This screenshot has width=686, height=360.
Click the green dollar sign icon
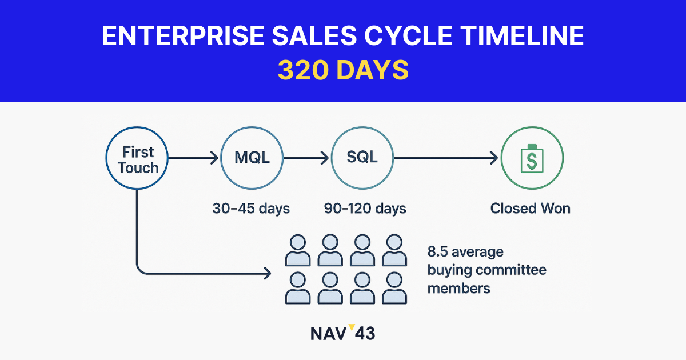click(532, 159)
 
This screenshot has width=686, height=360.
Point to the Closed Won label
click(531, 209)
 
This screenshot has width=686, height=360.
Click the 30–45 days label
click(251, 209)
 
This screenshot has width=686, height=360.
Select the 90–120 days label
click(365, 209)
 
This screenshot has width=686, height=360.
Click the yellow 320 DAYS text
click(343, 70)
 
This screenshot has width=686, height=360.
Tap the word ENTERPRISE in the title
click(183, 36)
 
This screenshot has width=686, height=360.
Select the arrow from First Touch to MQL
click(193, 158)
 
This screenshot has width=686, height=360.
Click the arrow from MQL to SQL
click(306, 158)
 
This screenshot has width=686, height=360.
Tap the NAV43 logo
click(342, 333)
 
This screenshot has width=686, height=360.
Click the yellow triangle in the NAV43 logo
click(352, 327)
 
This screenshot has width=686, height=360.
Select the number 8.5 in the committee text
click(438, 251)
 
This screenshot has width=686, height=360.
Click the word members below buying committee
click(458, 289)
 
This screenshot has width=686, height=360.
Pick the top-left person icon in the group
click(298, 250)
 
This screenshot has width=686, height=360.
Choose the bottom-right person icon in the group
click(394, 288)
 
